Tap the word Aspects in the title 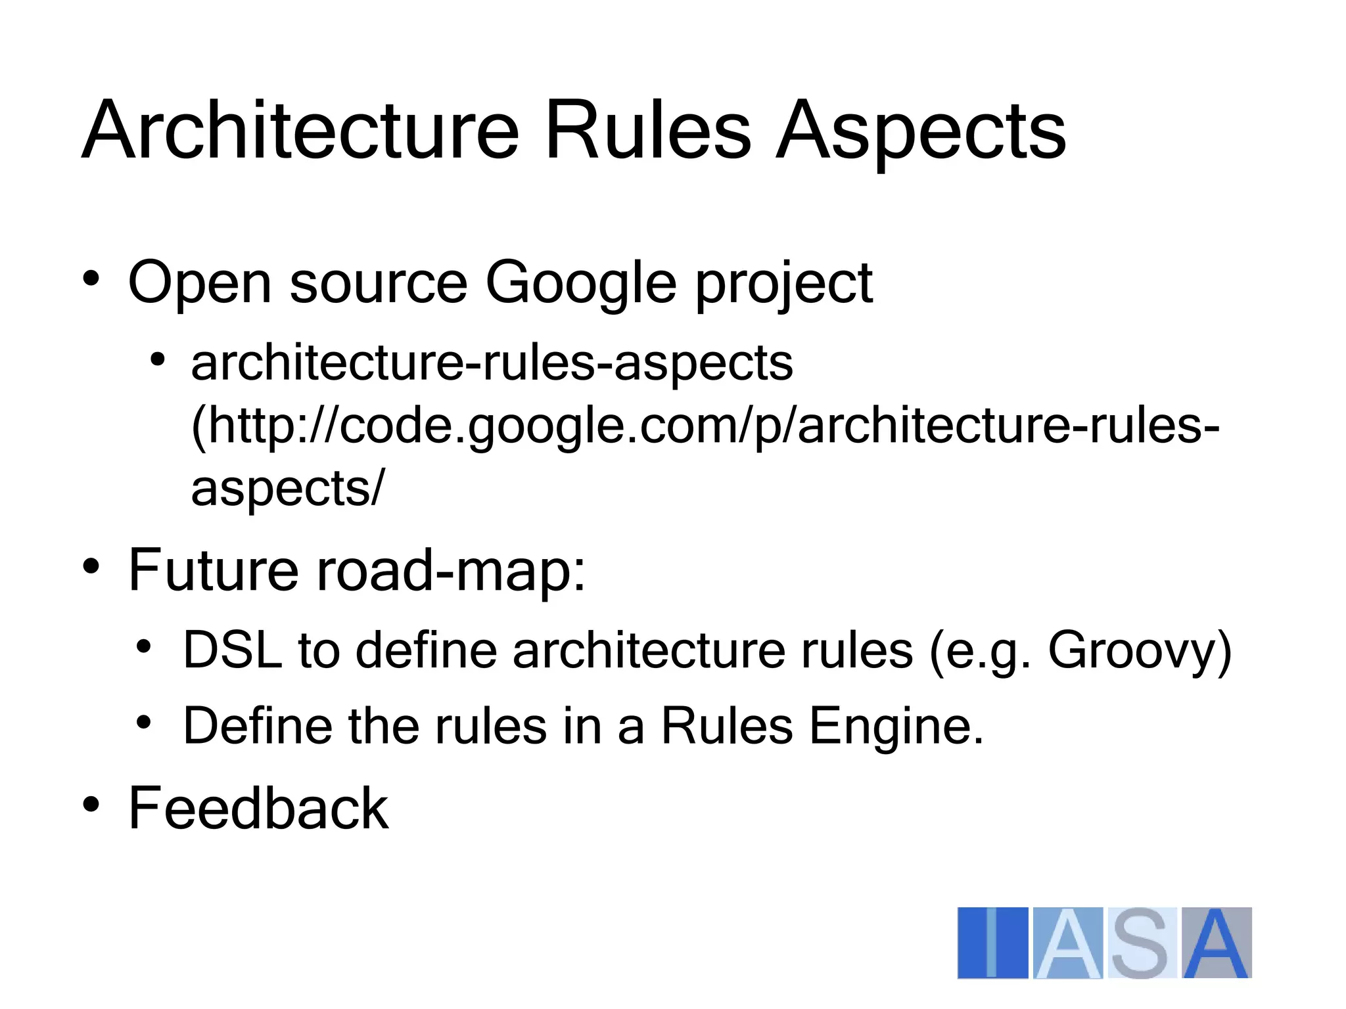pos(920,131)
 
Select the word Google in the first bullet pos(580,284)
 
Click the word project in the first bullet pos(783,284)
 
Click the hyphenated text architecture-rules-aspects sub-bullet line pos(492,363)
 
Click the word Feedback pos(258,808)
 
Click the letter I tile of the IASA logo pos(992,943)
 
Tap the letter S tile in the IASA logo pos(1141,943)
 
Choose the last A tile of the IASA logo pos(1217,943)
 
